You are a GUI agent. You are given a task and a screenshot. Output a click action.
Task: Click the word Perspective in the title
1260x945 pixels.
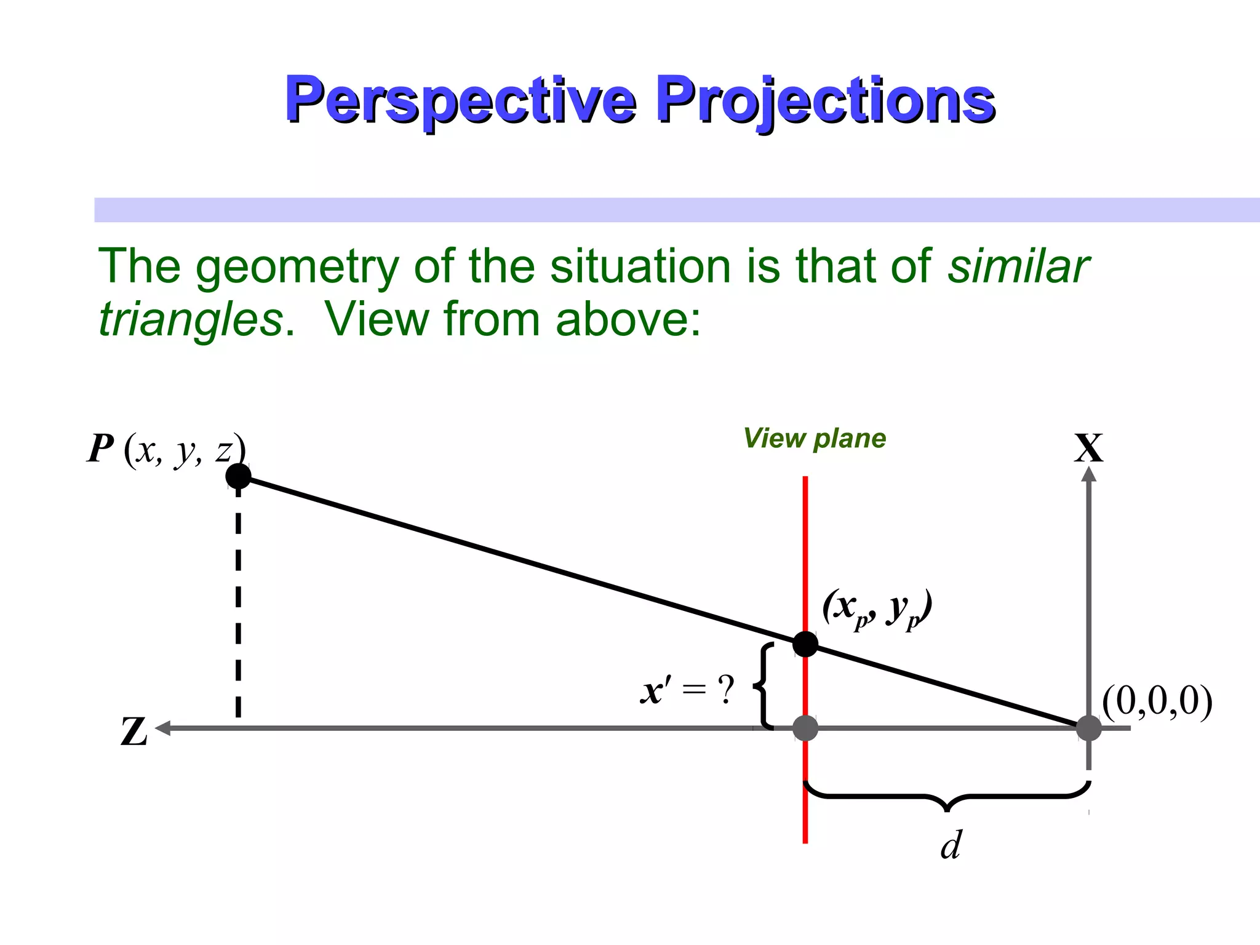pyautogui.click(x=460, y=100)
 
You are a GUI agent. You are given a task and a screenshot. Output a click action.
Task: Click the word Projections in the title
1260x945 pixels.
pyautogui.click(x=826, y=100)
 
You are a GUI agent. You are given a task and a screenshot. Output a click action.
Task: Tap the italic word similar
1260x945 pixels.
pyautogui.click(x=1018, y=266)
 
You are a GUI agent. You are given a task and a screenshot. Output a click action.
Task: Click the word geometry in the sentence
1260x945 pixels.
pyautogui.click(x=298, y=267)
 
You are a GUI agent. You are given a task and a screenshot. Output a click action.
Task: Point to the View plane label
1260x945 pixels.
pyautogui.click(x=815, y=439)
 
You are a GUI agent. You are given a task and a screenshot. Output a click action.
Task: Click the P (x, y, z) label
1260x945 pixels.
pyautogui.click(x=166, y=449)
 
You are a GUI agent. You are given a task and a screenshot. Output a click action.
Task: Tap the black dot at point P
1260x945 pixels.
pyautogui.click(x=238, y=476)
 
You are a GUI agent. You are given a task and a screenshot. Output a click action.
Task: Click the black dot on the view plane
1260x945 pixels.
pyautogui.click(x=805, y=644)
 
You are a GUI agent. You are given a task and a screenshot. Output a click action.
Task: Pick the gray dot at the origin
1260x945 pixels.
pyautogui.click(x=1088, y=728)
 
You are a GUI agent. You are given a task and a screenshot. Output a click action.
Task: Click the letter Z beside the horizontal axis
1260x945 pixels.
pyautogui.click(x=134, y=732)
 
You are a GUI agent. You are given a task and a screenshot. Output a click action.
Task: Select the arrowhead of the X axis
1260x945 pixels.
pyautogui.click(x=1088, y=474)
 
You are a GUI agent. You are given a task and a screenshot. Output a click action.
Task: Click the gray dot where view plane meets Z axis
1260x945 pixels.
pyautogui.click(x=805, y=728)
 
